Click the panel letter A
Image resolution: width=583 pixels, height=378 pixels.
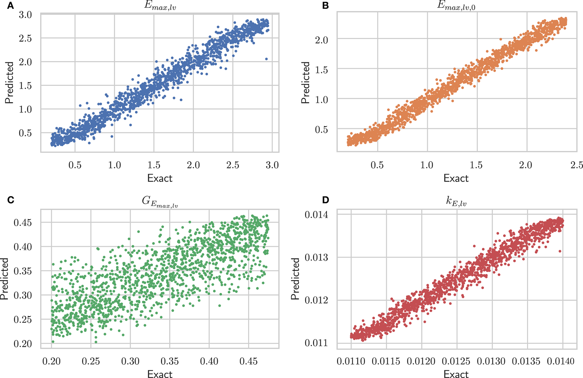(10, 6)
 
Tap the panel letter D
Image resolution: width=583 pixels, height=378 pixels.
(325, 200)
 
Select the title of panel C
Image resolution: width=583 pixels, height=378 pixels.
(160, 201)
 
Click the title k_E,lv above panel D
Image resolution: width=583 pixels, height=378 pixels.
(456, 201)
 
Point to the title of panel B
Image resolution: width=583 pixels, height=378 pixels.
(456, 6)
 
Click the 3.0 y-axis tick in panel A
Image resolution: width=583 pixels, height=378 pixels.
(25, 15)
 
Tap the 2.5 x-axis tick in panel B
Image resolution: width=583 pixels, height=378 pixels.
(576, 165)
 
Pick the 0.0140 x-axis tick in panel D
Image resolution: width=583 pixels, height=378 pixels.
(561, 361)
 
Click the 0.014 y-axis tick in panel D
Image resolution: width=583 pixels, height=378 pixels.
(317, 215)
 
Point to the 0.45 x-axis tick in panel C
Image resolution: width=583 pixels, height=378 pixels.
(248, 361)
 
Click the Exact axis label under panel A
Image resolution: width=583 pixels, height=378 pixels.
(160, 178)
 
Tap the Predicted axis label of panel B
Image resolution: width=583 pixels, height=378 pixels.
(306, 83)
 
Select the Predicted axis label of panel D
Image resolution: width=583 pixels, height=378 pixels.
(295, 279)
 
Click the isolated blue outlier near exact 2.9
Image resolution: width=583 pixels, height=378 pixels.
(266, 59)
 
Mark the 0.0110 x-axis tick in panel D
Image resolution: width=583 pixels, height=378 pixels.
(351, 361)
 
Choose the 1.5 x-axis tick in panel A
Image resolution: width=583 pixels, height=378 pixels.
(154, 165)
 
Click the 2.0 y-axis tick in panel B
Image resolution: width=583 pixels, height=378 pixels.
(321, 40)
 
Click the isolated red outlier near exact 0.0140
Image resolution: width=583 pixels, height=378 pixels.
(560, 251)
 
